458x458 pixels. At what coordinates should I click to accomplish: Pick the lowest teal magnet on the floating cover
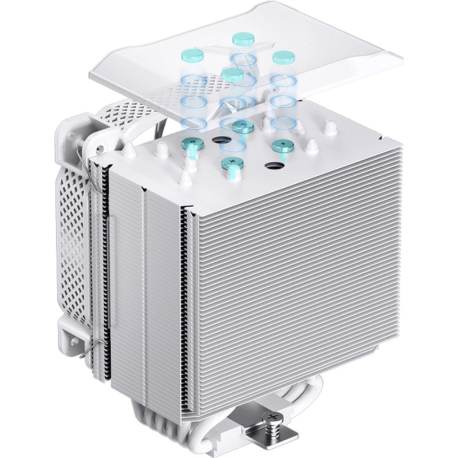pyautogui.click(x=231, y=73)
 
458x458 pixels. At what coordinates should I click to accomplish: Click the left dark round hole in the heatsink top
pyautogui.click(x=220, y=140)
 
